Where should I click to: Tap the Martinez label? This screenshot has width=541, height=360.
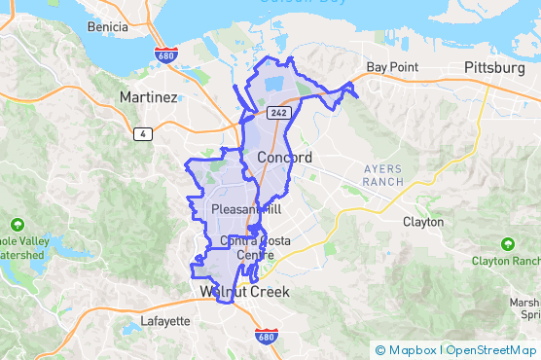click(148, 97)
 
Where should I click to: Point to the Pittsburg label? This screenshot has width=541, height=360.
click(493, 67)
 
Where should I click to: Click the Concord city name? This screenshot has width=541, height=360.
click(285, 158)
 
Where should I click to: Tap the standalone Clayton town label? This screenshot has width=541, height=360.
click(423, 222)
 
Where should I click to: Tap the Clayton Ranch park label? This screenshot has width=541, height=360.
click(506, 261)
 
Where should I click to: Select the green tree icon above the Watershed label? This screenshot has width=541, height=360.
click(18, 222)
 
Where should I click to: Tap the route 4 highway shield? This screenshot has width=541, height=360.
click(142, 134)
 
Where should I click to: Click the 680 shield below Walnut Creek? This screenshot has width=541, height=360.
click(266, 336)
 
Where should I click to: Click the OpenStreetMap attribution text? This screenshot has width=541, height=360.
click(491, 350)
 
